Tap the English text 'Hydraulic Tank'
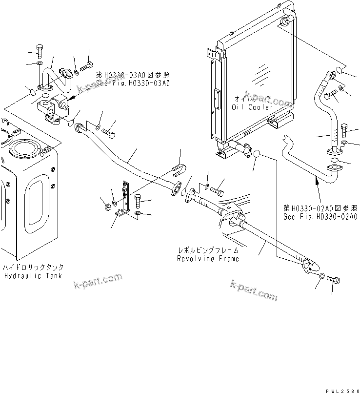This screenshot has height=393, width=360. coord(33,276)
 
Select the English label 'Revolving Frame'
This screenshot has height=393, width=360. coord(208,258)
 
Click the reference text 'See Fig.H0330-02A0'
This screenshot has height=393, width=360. coord(320,216)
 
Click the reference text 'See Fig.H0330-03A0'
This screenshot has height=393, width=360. coord(132,83)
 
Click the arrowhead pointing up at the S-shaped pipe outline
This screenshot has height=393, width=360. coord(318,181)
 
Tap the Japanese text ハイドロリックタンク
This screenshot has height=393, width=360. coord(33,268)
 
